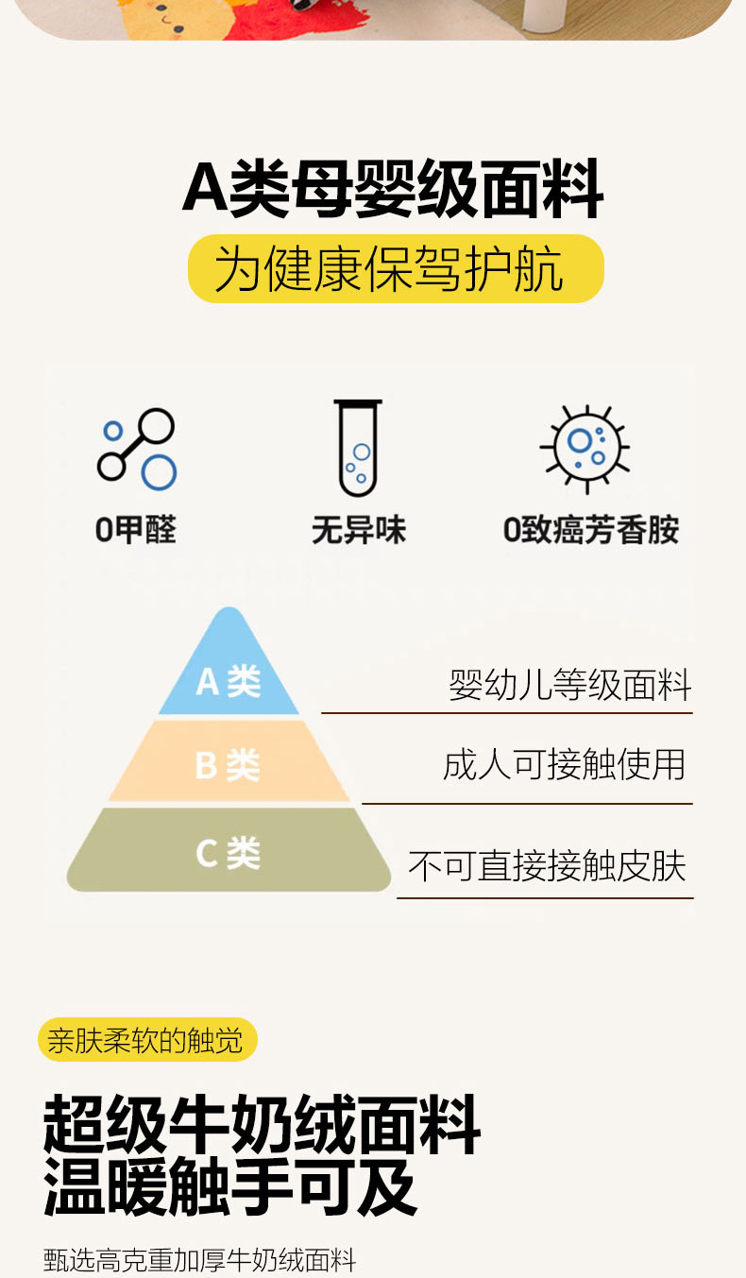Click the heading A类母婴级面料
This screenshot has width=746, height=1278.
393,189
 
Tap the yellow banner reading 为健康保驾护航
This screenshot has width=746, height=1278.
396,268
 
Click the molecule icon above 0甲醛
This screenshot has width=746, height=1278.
137,449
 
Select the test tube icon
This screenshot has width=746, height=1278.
358,449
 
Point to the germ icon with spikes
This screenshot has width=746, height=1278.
585,449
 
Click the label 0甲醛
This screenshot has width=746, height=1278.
136,530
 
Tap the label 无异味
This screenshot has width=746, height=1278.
359,530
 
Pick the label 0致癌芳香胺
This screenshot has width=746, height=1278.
591,530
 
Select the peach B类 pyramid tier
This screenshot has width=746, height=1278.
229,761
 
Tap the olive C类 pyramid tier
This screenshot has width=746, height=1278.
229,850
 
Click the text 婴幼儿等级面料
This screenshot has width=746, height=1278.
569,685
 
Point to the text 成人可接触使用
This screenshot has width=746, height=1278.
564,764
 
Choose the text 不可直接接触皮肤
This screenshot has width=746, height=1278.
547,866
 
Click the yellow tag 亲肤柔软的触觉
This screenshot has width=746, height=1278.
147,1040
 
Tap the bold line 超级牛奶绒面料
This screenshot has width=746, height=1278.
262,1125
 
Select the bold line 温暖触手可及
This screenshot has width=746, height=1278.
230,1187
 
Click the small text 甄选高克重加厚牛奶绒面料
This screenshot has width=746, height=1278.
199,1260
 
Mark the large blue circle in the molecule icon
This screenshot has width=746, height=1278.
160,472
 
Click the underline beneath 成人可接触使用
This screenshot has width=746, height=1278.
527,804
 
